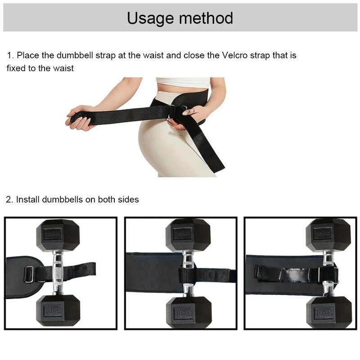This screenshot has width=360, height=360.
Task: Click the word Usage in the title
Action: click(x=151, y=18)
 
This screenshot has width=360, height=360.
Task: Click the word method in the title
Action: click(x=206, y=18)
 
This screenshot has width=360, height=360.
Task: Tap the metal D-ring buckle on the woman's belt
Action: click(x=172, y=111)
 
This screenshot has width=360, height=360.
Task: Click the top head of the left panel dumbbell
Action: click(x=58, y=235)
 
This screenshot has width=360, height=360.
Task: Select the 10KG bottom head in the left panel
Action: click(x=58, y=310)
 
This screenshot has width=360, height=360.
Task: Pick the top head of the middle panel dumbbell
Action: click(x=188, y=235)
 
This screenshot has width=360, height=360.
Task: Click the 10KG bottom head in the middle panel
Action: click(x=188, y=311)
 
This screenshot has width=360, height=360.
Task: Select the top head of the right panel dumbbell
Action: click(x=328, y=235)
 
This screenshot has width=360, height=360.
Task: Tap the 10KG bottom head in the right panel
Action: click(x=328, y=311)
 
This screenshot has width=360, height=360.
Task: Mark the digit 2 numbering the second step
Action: click(x=9, y=199)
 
